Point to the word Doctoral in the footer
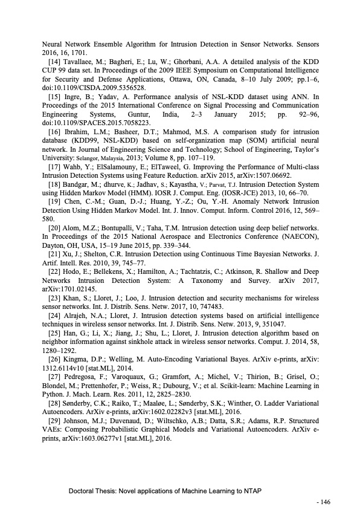pyautogui.click(x=82, y=491)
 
